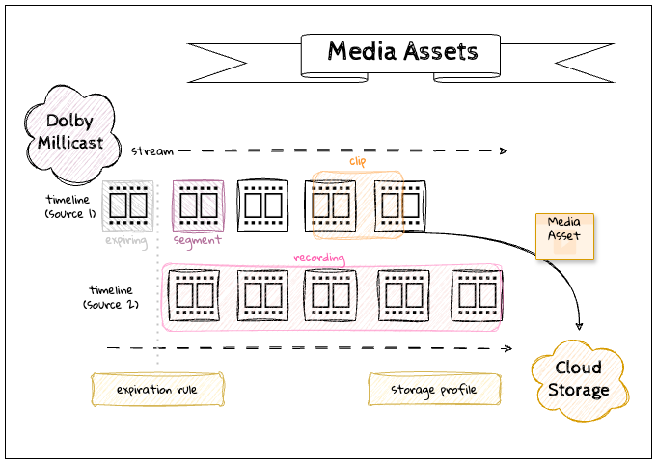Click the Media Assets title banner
click(400, 52)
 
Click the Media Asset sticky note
click(564, 234)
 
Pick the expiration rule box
click(157, 390)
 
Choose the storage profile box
click(433, 390)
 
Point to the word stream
click(152, 150)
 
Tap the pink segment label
click(198, 239)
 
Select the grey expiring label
click(126, 239)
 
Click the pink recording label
click(319, 258)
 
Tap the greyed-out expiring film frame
click(126, 205)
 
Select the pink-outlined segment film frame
click(198, 205)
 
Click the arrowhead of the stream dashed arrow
click(503, 150)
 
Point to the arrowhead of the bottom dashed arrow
click(503, 347)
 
